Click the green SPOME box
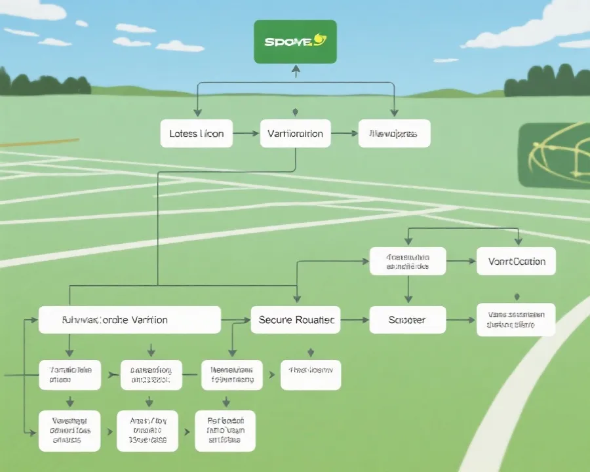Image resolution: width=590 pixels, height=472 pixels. click(295, 41)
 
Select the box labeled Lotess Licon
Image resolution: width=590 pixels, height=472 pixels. click(197, 133)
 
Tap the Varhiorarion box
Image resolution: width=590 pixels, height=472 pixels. click(295, 133)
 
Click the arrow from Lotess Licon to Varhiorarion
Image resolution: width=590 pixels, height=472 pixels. click(246, 133)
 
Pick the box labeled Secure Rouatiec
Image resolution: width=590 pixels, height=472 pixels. click(296, 320)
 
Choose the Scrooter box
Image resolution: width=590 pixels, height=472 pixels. click(407, 320)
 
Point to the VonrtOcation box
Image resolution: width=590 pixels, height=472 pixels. click(516, 261)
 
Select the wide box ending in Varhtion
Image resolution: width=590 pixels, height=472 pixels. click(129, 320)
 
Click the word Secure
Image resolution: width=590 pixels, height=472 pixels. click(275, 320)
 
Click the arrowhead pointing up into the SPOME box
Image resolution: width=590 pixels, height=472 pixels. click(295, 68)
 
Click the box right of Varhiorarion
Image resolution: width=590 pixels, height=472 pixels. click(394, 133)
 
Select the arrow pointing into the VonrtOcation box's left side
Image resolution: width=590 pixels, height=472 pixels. click(469, 261)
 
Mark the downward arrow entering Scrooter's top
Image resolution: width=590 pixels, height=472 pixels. click(408, 300)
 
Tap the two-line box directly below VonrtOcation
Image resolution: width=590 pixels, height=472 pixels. click(516, 320)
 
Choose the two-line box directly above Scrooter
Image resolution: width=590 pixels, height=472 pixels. click(408, 261)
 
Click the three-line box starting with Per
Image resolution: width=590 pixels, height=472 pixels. click(225, 431)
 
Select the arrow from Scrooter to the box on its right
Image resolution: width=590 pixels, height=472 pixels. click(461, 320)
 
